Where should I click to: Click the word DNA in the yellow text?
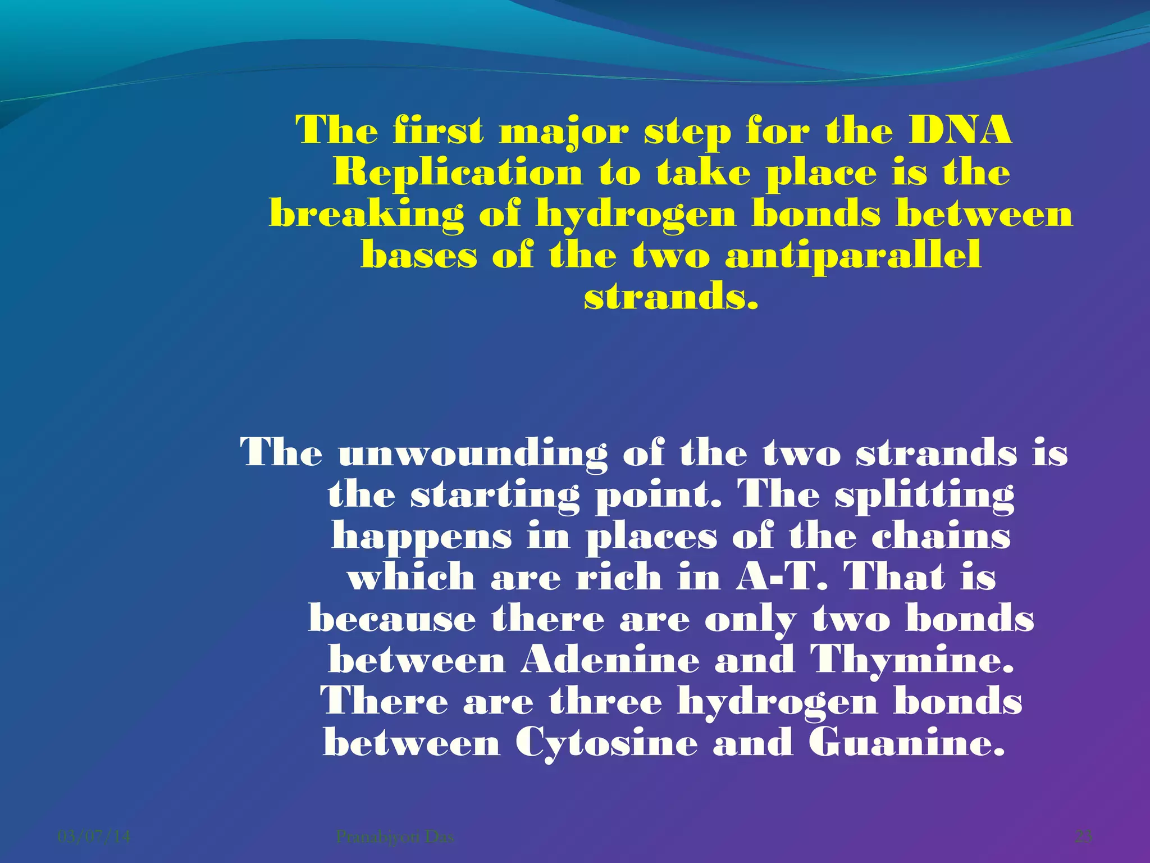pos(960,130)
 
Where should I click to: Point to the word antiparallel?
pos(853,256)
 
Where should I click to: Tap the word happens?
pos(421,537)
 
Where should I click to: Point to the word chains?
pos(941,536)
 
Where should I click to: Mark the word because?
pos(392,619)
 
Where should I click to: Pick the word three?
pos(605,702)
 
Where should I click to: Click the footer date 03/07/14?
pos(94,837)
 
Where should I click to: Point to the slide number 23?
pos(1083,837)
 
